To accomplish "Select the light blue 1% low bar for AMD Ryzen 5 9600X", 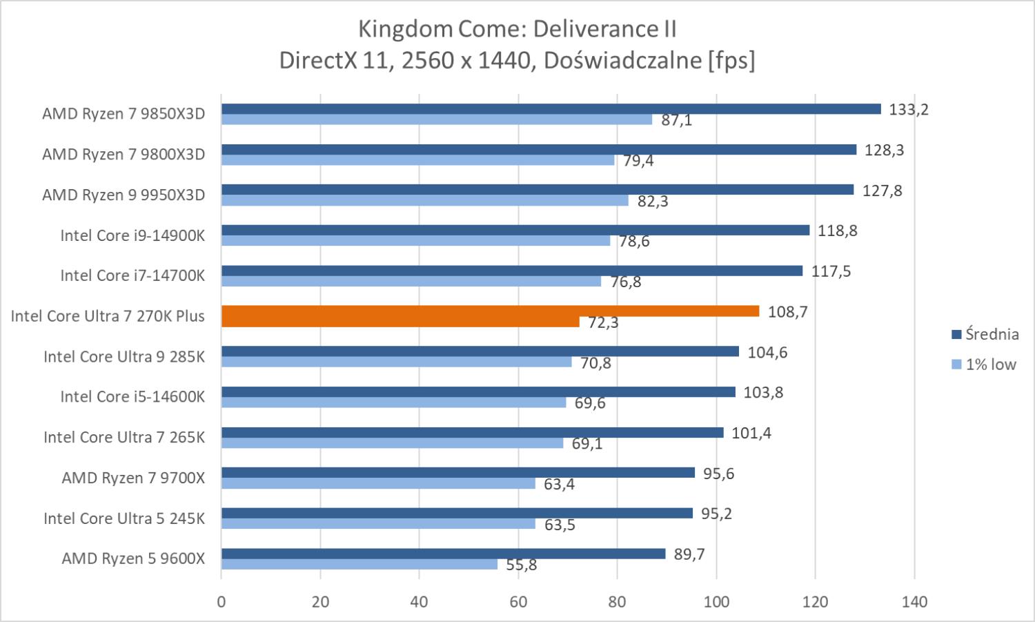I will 359,565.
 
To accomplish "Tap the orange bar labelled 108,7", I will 490,311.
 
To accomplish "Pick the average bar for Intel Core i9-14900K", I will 515,230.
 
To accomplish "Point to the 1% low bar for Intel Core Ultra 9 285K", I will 396,362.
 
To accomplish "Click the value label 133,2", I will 909,109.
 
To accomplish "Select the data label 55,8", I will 522,565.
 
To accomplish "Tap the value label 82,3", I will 653,201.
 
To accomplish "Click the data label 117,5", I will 831,271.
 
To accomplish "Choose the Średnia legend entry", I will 985,334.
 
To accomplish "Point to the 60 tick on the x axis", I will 518,602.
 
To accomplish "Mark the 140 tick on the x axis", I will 914,602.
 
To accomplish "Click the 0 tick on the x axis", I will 221,602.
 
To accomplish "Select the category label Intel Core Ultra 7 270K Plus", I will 108,316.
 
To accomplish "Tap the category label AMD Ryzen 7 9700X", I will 133,478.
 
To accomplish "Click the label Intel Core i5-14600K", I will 132,397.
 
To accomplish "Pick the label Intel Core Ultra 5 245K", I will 124,518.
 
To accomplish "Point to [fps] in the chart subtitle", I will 731,61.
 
